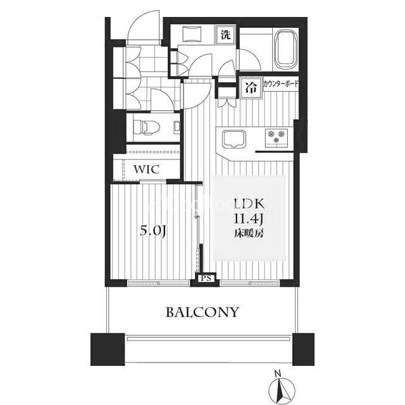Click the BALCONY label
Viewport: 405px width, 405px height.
[x=202, y=312]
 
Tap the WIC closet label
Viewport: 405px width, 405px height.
[x=146, y=170]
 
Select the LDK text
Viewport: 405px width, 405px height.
[x=249, y=204]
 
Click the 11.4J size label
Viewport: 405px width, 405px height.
[x=249, y=220]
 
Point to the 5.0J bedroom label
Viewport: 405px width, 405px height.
[x=153, y=230]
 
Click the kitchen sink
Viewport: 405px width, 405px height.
[x=234, y=139]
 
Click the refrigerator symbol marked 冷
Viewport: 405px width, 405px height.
[x=251, y=88]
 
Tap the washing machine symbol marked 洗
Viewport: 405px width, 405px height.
[x=225, y=35]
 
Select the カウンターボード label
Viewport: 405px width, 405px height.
[x=280, y=84]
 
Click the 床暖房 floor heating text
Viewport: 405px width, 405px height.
[x=249, y=234]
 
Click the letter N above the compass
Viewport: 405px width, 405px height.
[x=278, y=373]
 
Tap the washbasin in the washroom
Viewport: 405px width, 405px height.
[x=192, y=34]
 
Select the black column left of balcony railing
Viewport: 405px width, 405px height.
[x=108, y=349]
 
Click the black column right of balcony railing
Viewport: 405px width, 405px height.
[x=303, y=349]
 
